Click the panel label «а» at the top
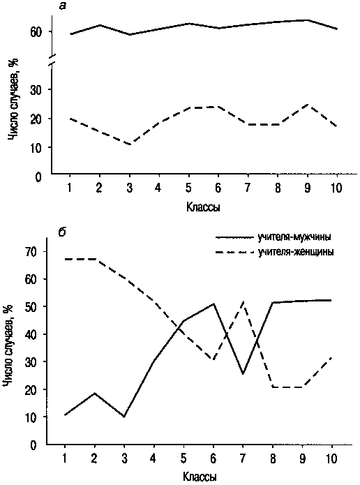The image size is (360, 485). (x=63, y=6)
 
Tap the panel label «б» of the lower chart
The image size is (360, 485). (x=61, y=232)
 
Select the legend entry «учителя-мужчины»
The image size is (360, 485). (x=294, y=238)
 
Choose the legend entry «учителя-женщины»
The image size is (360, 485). (x=295, y=252)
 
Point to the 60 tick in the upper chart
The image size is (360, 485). (x=36, y=32)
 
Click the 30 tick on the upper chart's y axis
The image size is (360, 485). (x=36, y=89)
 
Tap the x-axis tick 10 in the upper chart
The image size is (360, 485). (x=336, y=188)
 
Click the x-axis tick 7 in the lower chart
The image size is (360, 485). (x=243, y=458)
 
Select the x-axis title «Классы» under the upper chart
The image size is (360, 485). (x=203, y=207)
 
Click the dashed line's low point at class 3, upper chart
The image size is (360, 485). (x=130, y=144)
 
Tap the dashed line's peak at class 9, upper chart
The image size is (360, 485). (x=307, y=105)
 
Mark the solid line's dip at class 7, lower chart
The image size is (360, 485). (x=243, y=374)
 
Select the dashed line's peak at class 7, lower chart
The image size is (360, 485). (x=243, y=301)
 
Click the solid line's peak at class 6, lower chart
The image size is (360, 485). (x=213, y=304)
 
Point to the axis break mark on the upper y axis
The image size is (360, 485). (x=52, y=60)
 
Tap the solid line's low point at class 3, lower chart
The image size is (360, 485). (x=124, y=417)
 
